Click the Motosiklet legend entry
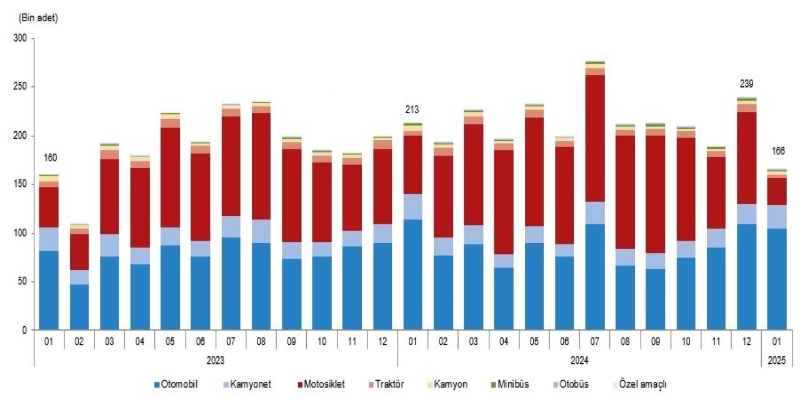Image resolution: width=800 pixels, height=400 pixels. [322, 384]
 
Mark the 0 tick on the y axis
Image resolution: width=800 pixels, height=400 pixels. [24, 330]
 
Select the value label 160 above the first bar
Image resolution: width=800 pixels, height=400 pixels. [49, 157]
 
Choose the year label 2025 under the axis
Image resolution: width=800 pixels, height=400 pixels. [776, 361]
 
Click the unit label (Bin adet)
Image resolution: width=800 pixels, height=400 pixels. [39, 18]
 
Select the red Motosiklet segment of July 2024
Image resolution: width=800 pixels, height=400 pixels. [595, 139]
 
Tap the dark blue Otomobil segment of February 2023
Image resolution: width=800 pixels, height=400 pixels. [79, 307]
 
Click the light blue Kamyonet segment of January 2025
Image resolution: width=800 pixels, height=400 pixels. [776, 217]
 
